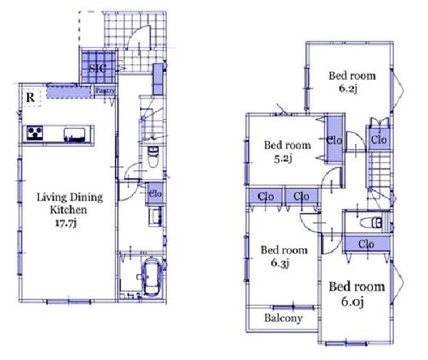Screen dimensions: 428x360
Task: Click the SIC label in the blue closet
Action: point(98,68)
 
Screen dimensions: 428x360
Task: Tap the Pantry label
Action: point(105,91)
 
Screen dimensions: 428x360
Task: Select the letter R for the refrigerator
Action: point(30,98)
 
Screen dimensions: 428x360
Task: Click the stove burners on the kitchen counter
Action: point(35,133)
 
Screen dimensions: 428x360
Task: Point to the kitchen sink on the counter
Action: point(74,135)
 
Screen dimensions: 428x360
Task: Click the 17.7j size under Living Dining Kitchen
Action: point(66,223)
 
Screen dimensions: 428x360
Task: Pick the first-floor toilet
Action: point(153,157)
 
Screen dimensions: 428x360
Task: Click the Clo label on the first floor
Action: point(156,194)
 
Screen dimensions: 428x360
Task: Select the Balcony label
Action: point(283,318)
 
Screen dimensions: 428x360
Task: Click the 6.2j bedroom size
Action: point(348,88)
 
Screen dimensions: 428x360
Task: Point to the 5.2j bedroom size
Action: point(283,158)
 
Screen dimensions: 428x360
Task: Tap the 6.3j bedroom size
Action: point(280,263)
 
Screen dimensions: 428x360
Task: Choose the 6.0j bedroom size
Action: point(352,302)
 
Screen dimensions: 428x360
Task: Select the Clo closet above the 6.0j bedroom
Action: point(367,244)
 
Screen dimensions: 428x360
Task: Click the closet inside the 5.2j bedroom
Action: point(335,140)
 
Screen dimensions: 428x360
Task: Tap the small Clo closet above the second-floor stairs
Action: point(379,139)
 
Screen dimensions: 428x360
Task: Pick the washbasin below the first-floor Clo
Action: point(155,216)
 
